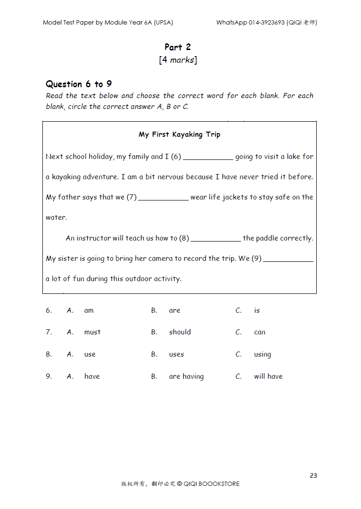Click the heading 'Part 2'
point(178,47)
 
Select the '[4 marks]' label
point(178,60)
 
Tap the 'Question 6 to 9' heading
point(79,84)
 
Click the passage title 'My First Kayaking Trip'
point(179,134)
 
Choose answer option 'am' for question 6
point(89,310)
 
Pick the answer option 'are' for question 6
point(174,310)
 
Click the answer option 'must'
point(92,332)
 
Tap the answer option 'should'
point(180,332)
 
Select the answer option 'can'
point(260,332)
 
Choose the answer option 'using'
point(263,355)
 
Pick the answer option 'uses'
point(176,354)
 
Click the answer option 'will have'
point(268,376)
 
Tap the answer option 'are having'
point(186,376)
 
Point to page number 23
point(313,476)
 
